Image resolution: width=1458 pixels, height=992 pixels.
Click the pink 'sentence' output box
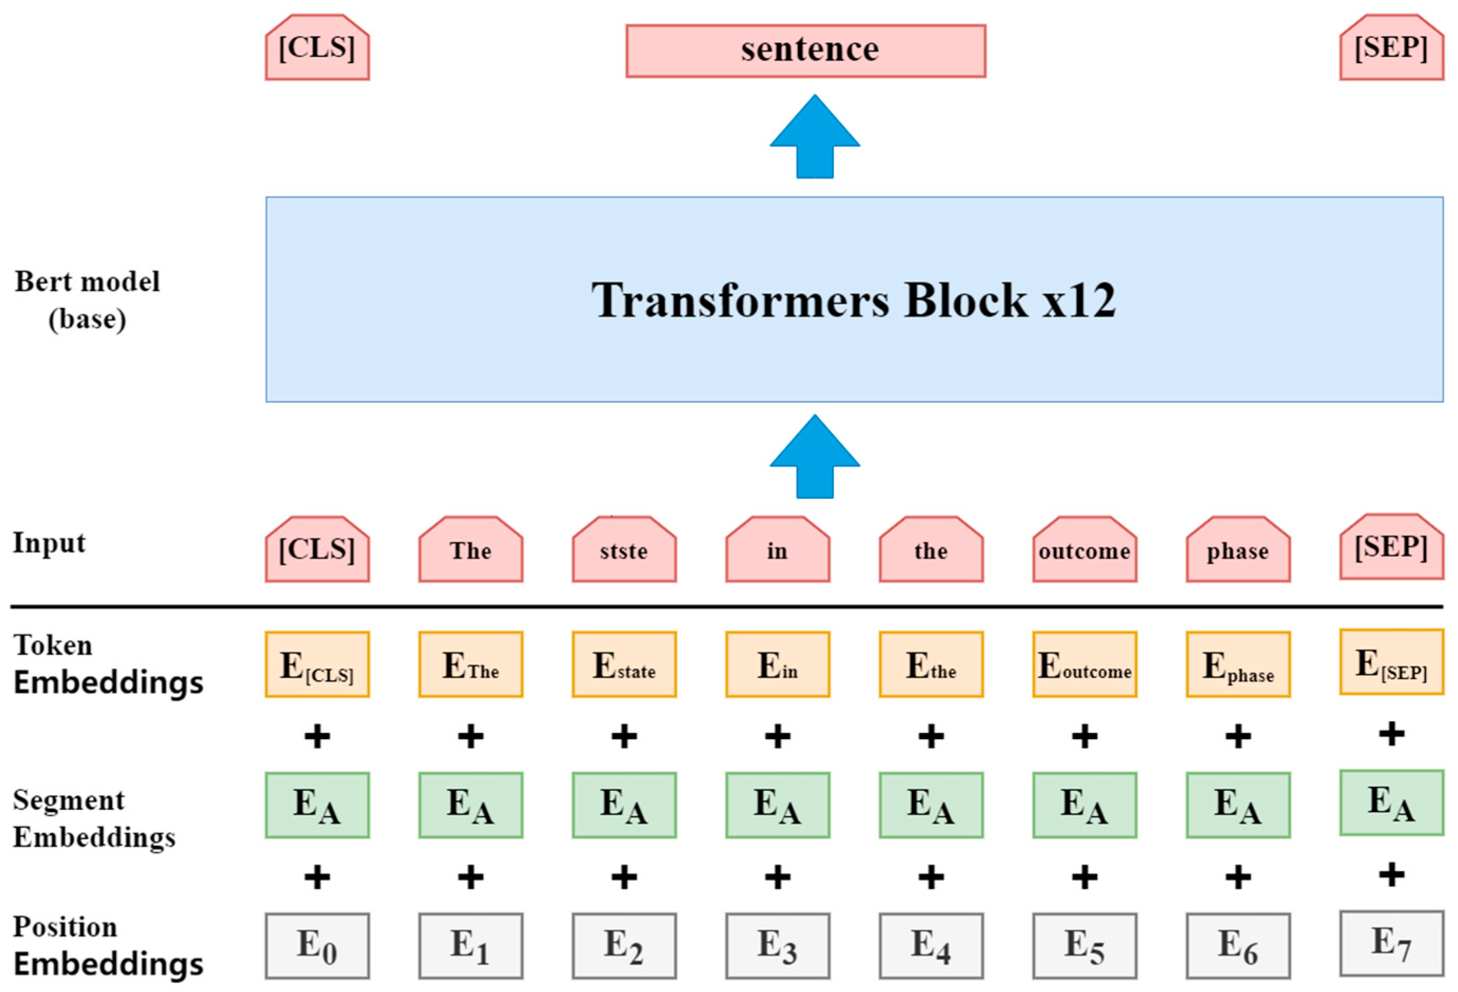(805, 51)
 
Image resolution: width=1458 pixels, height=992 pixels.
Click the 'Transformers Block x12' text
(853, 300)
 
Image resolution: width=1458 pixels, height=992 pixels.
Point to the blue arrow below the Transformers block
(814, 457)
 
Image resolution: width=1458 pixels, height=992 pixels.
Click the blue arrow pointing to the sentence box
(814, 137)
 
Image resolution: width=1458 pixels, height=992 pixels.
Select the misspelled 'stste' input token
(624, 551)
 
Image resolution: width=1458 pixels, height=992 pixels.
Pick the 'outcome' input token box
(1084, 551)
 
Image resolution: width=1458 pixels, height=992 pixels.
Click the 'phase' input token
(1238, 551)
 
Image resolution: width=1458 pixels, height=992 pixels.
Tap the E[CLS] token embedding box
(317, 664)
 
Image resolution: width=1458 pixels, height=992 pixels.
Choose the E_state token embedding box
(624, 664)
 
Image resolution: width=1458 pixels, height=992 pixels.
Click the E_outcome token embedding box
(1084, 664)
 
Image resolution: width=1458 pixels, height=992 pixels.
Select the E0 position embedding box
(317, 946)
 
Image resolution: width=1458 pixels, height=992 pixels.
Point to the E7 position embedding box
(1391, 943)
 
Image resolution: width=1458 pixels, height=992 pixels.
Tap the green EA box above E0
(317, 805)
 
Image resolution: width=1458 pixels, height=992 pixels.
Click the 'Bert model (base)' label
(87, 300)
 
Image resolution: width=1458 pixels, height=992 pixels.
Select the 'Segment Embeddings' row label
(94, 818)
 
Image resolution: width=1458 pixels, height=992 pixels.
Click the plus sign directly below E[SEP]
(1391, 733)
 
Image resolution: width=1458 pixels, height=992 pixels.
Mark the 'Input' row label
(49, 543)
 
